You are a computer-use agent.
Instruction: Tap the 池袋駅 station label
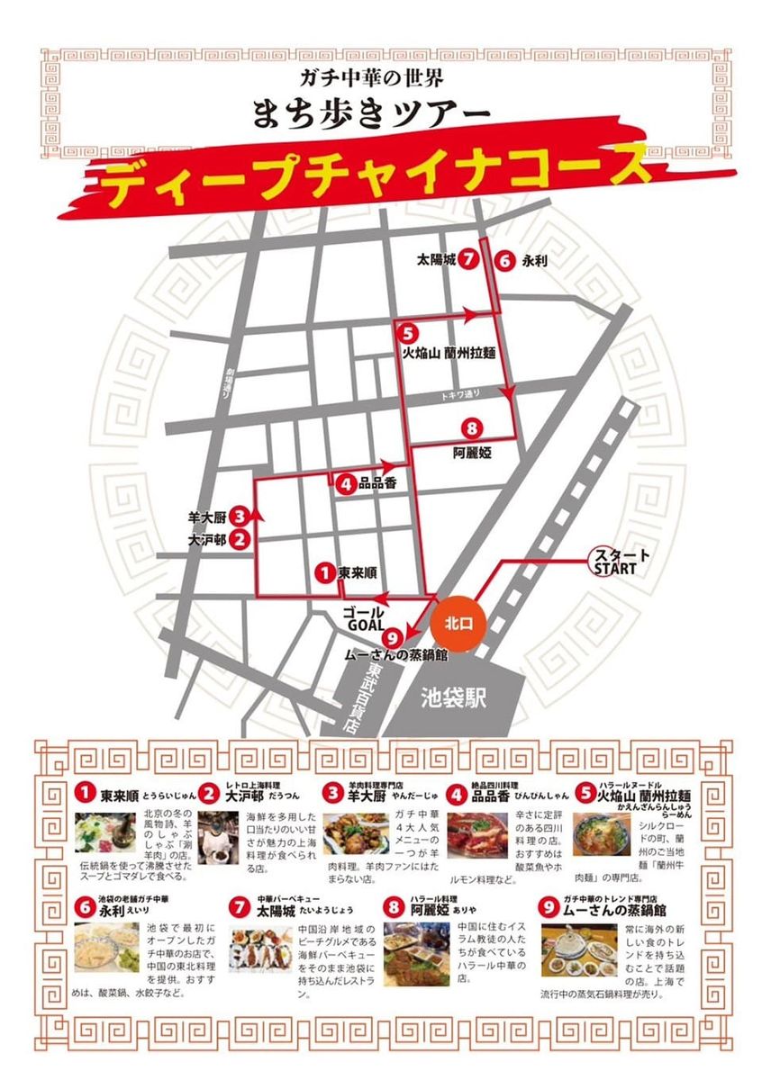pyautogui.click(x=454, y=697)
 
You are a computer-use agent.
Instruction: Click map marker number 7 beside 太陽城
pyautogui.click(x=467, y=260)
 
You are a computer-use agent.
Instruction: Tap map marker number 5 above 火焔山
pyautogui.click(x=408, y=333)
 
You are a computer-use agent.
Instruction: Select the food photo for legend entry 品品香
pyautogui.click(x=477, y=838)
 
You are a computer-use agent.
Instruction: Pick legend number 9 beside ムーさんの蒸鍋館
pyautogui.click(x=549, y=907)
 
